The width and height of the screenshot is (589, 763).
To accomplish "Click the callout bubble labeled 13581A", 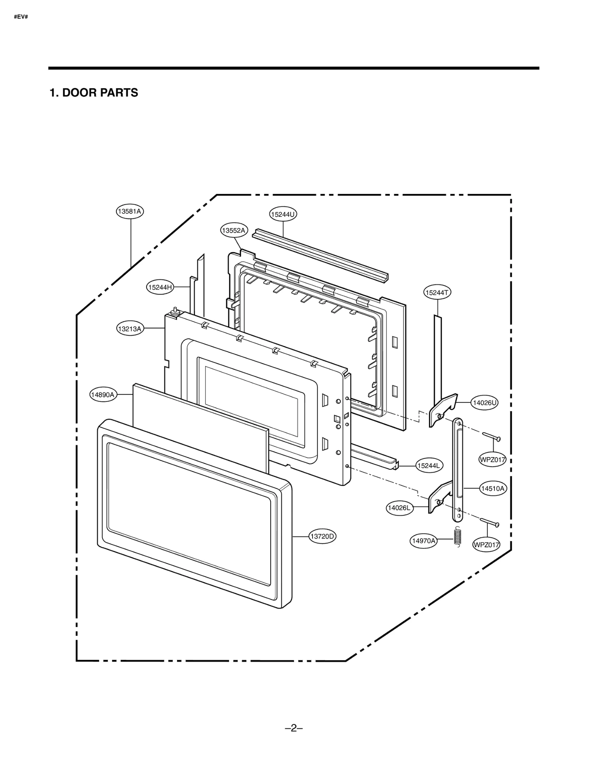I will pyautogui.click(x=130, y=211).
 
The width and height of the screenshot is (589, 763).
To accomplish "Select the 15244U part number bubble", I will pyautogui.click(x=283, y=214).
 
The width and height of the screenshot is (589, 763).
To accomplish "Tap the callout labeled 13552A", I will pyautogui.click(x=234, y=230).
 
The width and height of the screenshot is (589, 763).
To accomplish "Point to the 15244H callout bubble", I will pyautogui.click(x=160, y=287).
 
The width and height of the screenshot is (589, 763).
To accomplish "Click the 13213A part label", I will pyautogui.click(x=130, y=329).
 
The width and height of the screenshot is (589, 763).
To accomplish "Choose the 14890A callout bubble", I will pyautogui.click(x=103, y=395).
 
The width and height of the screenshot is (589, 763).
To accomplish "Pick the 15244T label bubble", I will pyautogui.click(x=437, y=293).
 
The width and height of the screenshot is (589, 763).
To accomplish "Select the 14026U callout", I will pyautogui.click(x=484, y=403).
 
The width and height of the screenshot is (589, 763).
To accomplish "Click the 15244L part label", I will pyautogui.click(x=429, y=466).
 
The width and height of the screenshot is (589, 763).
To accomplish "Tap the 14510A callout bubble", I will pyautogui.click(x=493, y=488).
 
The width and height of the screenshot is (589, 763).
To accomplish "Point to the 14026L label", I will pyautogui.click(x=399, y=508).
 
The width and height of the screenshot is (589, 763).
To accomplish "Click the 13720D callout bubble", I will pyautogui.click(x=322, y=536).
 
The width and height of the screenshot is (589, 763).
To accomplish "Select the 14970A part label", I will pyautogui.click(x=423, y=541).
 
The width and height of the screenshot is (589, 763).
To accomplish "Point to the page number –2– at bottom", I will pyautogui.click(x=294, y=728).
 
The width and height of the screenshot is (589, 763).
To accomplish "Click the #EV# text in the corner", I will pyautogui.click(x=21, y=17).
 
